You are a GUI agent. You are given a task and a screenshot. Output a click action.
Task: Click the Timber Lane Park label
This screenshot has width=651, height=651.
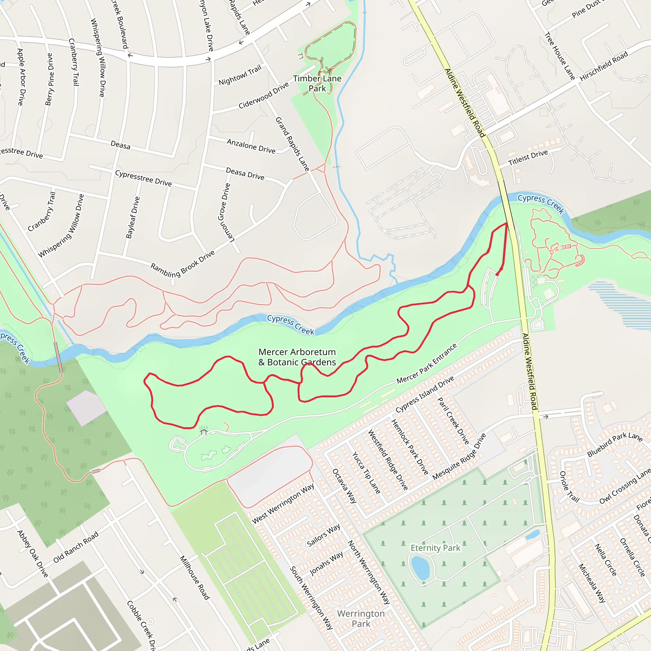317,83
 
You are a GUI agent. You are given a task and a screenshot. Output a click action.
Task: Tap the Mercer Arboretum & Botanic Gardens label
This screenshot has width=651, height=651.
297,357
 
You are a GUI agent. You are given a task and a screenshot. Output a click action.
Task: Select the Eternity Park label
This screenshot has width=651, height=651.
435,548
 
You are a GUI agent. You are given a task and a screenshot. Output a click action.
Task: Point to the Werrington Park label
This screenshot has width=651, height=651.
361,619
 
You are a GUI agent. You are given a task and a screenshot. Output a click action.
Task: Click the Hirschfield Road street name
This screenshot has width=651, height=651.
604,66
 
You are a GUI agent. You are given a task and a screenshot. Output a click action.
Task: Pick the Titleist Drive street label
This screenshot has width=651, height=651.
528,158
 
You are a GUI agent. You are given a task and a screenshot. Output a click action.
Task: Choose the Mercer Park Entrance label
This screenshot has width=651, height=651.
427,364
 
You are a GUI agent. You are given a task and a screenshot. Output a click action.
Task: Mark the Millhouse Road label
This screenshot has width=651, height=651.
195,578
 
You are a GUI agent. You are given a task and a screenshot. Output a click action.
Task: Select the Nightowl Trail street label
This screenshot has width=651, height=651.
240,75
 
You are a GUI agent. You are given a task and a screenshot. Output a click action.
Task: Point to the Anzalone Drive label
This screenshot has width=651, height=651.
251,146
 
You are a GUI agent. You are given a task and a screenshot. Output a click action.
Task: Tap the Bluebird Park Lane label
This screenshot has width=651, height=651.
615,444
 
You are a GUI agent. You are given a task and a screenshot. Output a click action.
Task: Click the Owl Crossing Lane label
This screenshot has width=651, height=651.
625,487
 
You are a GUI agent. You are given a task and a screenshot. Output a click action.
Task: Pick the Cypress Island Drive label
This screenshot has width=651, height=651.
425,394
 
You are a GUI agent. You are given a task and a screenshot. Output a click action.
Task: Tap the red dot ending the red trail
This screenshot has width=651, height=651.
497,274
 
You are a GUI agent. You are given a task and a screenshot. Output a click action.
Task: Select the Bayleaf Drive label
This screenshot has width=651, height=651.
133,218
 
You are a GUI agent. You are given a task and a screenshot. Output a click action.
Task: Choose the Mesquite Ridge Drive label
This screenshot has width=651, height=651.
459,456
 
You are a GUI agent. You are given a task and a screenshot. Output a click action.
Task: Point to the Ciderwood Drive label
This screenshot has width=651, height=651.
264,96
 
